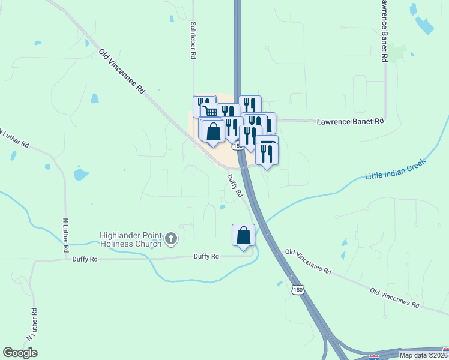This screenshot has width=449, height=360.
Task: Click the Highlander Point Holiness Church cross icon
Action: pyautogui.click(x=171, y=239)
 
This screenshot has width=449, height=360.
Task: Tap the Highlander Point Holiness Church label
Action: pyautogui.click(x=131, y=239)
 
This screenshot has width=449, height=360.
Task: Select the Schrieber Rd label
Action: pyautogui.click(x=193, y=40)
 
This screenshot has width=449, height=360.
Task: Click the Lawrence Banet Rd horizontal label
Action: pyautogui.click(x=349, y=121)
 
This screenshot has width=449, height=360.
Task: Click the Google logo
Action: pyautogui.click(x=20, y=353)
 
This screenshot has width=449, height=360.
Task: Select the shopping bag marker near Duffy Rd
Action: pyautogui.click(x=243, y=235)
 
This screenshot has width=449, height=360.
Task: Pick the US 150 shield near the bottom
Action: pyautogui.click(x=299, y=290)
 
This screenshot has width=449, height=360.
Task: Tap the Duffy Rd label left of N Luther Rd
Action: pyautogui.click(x=84, y=259)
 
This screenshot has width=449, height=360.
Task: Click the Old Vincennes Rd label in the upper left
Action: pyautogui.click(x=122, y=71)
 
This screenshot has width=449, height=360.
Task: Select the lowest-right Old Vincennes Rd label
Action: pyautogui.click(x=394, y=298)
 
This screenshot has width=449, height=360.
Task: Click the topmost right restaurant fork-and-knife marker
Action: pyautogui.click(x=250, y=105)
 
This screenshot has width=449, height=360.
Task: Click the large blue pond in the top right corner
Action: pyautogui.click(x=424, y=25)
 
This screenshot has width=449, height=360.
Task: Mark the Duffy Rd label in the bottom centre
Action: pyautogui.click(x=206, y=256)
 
